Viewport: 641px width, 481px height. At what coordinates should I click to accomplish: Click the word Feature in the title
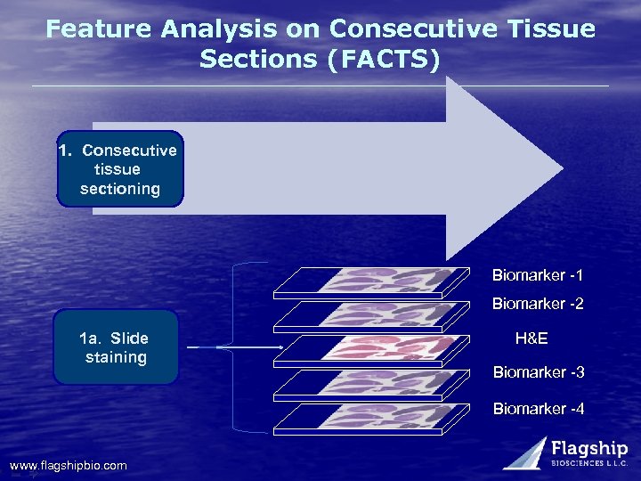pos(100,29)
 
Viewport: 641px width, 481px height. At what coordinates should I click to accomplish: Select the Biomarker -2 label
pos(538,305)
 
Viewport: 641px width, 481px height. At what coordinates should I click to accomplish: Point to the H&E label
pos(531,338)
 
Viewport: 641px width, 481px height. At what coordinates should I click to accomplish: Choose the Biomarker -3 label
pos(538,371)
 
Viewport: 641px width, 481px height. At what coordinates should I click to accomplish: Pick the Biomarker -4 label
pos(538,409)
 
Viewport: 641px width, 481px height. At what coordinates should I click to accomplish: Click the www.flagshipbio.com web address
pos(69,466)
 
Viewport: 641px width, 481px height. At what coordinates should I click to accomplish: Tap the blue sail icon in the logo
pos(525,452)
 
